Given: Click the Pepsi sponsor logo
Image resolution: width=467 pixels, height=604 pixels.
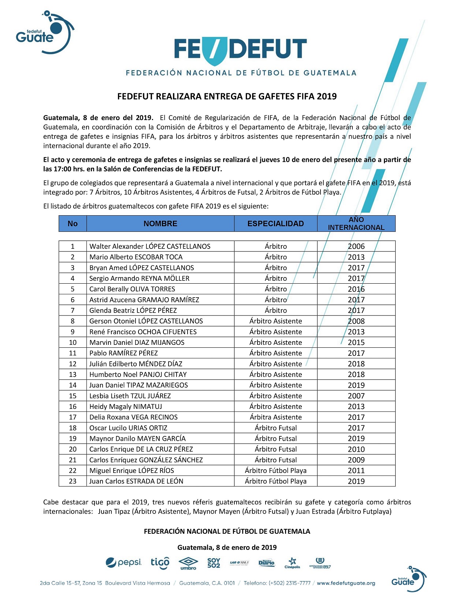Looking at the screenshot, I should (123, 562).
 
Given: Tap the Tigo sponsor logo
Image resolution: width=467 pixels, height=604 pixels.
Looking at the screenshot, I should (160, 563).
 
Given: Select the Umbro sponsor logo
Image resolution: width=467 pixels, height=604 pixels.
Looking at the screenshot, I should (188, 563).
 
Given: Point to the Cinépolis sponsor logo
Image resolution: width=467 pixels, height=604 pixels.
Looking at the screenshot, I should (292, 563).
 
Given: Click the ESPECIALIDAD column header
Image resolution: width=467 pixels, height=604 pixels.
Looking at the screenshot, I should (275, 224).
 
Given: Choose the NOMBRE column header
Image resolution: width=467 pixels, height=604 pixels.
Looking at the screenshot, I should (160, 224).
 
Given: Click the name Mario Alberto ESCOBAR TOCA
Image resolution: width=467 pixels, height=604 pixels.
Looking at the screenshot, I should (136, 257).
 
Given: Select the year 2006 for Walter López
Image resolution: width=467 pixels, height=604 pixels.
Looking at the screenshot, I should (356, 246).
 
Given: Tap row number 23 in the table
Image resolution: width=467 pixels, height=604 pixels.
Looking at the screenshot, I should (73, 481).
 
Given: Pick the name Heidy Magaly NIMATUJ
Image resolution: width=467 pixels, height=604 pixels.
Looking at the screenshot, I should (126, 406).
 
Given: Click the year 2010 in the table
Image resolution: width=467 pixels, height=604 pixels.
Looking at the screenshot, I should (356, 449).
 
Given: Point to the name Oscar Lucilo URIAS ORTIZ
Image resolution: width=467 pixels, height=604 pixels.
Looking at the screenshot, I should (128, 428).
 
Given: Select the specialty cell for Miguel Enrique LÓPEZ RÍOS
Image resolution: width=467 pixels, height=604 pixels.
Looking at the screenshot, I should (275, 470).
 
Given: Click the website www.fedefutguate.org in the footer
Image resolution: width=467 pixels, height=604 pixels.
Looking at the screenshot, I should (346, 583).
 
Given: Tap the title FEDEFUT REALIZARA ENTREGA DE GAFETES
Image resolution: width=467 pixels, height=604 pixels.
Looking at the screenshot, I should (227, 97).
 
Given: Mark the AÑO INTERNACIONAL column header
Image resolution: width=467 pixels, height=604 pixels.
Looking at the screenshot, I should (356, 224).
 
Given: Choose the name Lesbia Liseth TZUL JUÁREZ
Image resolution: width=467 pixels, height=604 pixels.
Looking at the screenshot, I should (130, 396).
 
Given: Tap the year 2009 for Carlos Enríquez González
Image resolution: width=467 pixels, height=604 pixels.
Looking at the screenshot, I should (356, 460).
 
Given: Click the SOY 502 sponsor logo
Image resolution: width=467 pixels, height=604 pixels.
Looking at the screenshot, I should (214, 563).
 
